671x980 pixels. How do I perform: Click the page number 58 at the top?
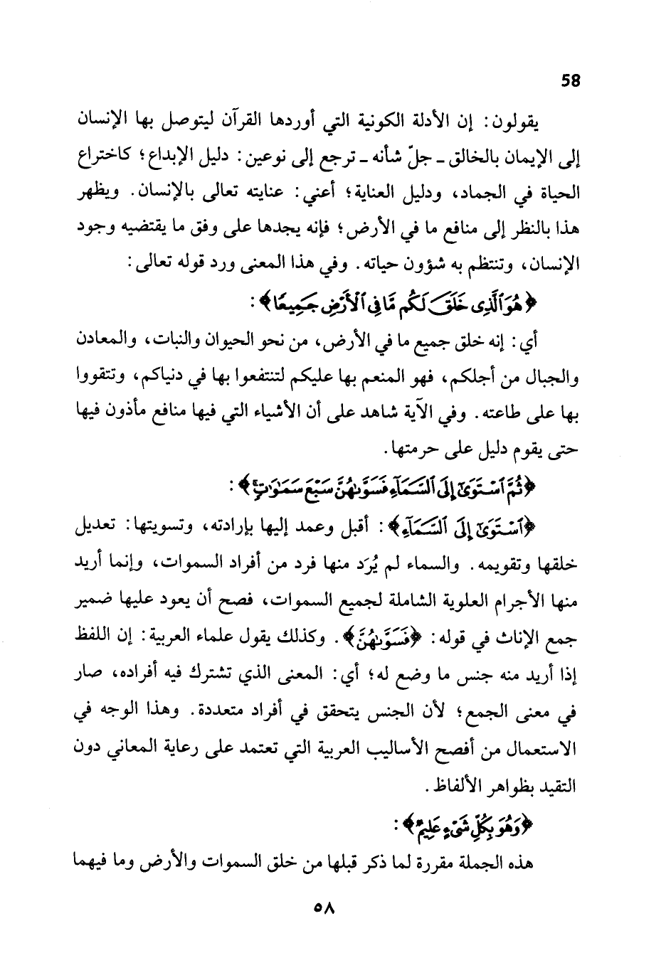pos(571,80)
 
